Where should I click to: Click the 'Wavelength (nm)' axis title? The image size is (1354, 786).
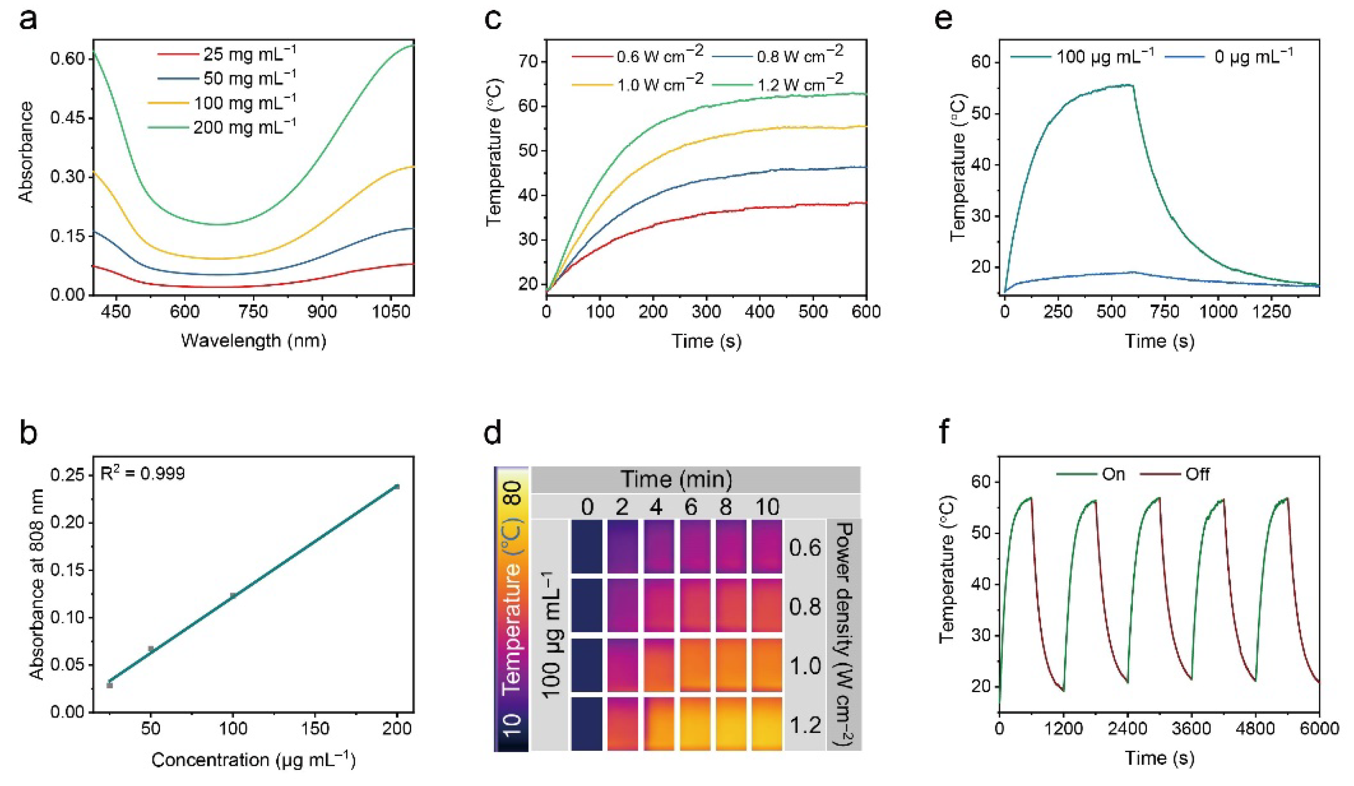254,340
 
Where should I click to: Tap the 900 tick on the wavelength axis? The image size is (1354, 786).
321,312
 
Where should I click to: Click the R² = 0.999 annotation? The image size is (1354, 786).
143,473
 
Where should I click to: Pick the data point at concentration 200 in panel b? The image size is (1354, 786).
397,487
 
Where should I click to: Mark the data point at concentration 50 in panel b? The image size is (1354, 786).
151,649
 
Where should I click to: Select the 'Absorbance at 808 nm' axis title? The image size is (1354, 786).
37,585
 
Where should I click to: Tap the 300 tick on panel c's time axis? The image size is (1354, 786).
706,312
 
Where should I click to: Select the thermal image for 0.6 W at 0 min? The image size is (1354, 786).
587,546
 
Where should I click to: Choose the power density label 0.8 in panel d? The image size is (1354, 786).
805,607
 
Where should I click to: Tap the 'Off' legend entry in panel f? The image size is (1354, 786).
1197,474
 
